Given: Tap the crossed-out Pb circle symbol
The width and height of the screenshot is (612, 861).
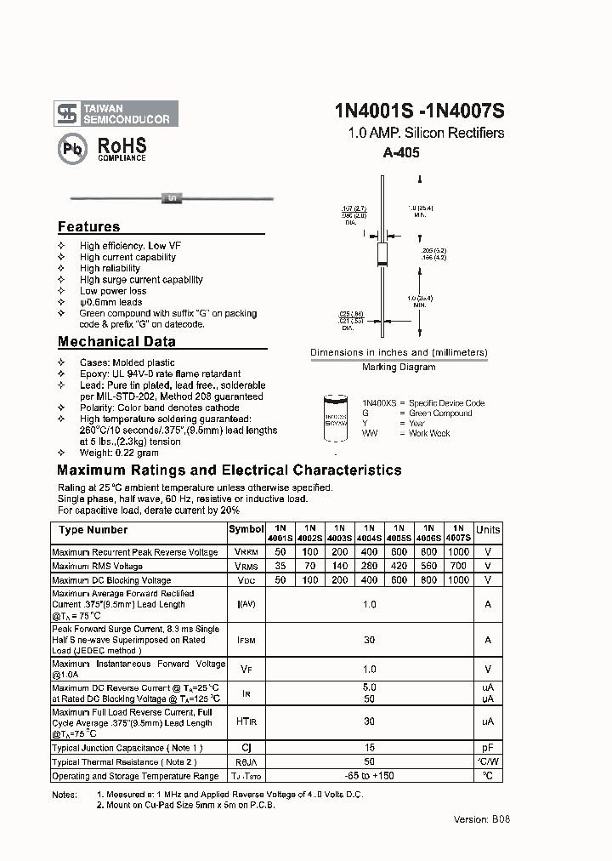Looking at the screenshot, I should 72,148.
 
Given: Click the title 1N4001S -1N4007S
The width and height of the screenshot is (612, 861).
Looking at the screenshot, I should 420,111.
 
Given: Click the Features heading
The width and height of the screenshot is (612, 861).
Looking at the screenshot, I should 89,227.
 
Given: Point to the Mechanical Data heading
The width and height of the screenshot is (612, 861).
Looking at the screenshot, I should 116,342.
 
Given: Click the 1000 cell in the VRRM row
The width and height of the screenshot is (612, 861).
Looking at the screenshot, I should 458,552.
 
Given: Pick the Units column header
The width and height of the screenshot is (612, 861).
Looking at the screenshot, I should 488,530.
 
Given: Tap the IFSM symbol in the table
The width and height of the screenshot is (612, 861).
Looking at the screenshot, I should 246,641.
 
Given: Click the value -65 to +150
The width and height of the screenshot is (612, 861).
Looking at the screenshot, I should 368,776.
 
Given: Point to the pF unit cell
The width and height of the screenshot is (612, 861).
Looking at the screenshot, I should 488,749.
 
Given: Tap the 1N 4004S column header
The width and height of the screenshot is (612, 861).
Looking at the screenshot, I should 368,533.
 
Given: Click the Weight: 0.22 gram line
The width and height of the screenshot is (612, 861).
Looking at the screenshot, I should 119,453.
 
